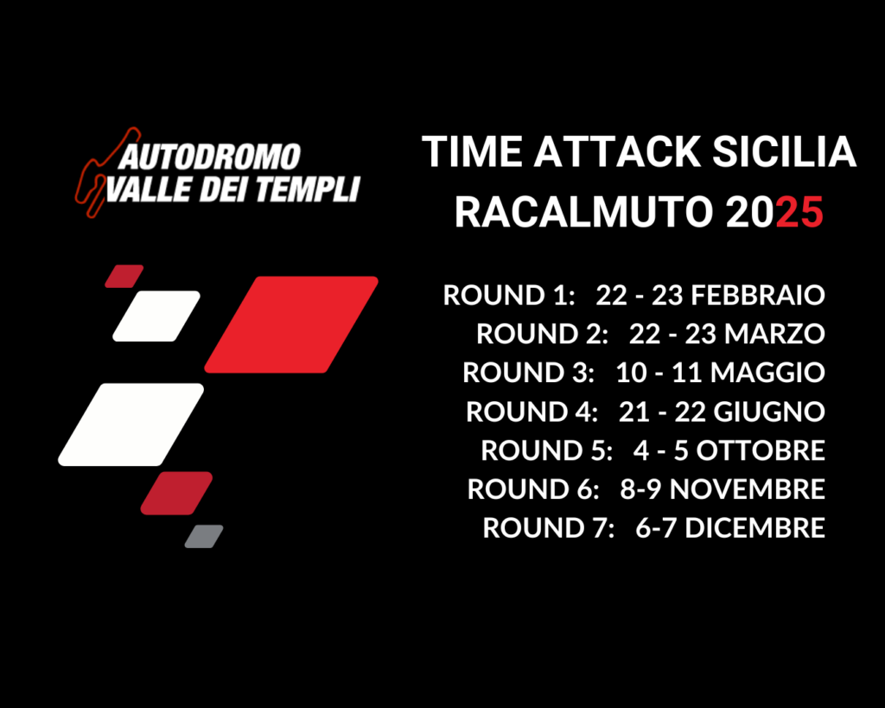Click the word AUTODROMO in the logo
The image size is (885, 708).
(x=209, y=157)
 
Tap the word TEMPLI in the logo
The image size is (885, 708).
(x=308, y=189)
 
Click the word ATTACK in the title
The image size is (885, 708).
(x=617, y=152)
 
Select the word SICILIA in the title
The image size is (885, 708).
(x=785, y=152)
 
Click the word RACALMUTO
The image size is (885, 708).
(x=584, y=213)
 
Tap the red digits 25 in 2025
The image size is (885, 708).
(x=799, y=213)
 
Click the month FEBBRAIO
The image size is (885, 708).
(x=758, y=296)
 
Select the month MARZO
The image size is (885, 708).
(x=775, y=334)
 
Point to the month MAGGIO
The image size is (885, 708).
(x=767, y=373)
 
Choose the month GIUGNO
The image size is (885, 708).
(x=769, y=411)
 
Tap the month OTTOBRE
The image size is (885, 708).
(x=761, y=450)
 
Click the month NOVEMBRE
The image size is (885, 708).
(x=748, y=489)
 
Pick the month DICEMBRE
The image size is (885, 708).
(x=755, y=528)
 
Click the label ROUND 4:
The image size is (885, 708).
(x=532, y=411)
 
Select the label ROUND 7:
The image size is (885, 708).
(x=549, y=528)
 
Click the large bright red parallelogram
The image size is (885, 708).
(x=291, y=325)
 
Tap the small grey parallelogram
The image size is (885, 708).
(x=204, y=536)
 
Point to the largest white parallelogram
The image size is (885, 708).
(x=131, y=424)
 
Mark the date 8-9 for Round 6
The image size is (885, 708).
(x=640, y=489)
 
